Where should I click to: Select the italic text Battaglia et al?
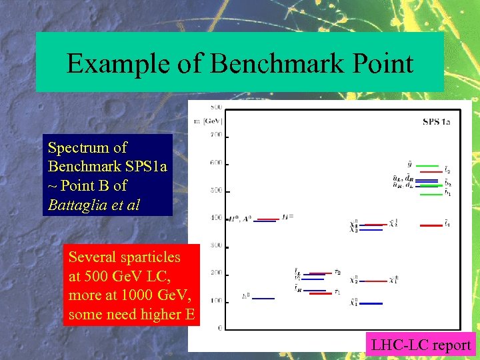coord(94,205)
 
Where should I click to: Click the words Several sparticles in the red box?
coord(124,257)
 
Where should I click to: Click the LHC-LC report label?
coord(421,345)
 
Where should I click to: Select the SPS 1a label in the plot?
coord(437,122)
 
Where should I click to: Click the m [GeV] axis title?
coord(208,121)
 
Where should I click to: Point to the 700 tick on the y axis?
coord(216,135)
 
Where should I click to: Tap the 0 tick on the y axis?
coord(219,327)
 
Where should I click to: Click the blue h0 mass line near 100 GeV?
coord(263,298)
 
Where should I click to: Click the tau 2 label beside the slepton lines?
coord(338,272)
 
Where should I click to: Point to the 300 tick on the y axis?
coord(216,245)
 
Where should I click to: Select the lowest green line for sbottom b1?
coord(428,194)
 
